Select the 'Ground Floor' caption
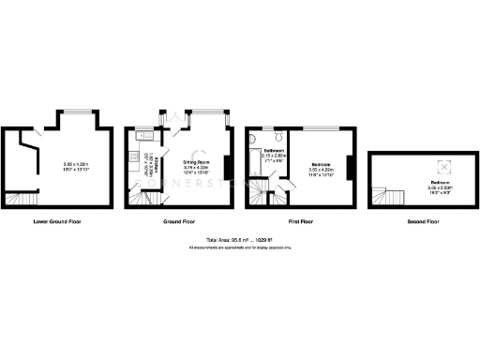[x=178, y=222]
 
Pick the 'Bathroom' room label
[x=274, y=150]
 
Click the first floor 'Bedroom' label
[x=321, y=164]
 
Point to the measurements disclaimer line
[x=240, y=247]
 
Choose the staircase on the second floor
[x=384, y=197]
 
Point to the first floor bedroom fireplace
[x=350, y=168]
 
